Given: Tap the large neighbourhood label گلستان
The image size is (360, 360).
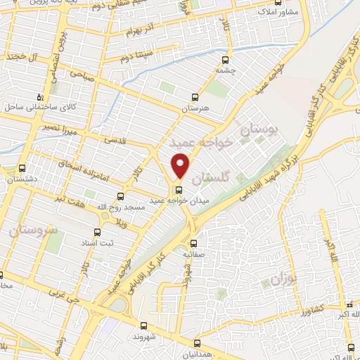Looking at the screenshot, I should click(211, 179).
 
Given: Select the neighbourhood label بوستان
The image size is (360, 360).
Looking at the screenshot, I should click(259, 129).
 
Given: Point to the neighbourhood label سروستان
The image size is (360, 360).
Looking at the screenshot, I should click(32, 230).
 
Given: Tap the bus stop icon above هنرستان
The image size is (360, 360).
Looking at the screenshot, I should click(195, 98).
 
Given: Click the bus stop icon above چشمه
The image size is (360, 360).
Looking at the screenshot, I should click(225, 60).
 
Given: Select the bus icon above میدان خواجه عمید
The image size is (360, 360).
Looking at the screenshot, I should click(178, 190).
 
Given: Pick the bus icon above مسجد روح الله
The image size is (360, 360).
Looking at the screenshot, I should click(120, 196).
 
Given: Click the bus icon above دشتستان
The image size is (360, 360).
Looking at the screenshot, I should click(22, 169).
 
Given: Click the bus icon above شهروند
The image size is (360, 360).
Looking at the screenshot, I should click(144, 326).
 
